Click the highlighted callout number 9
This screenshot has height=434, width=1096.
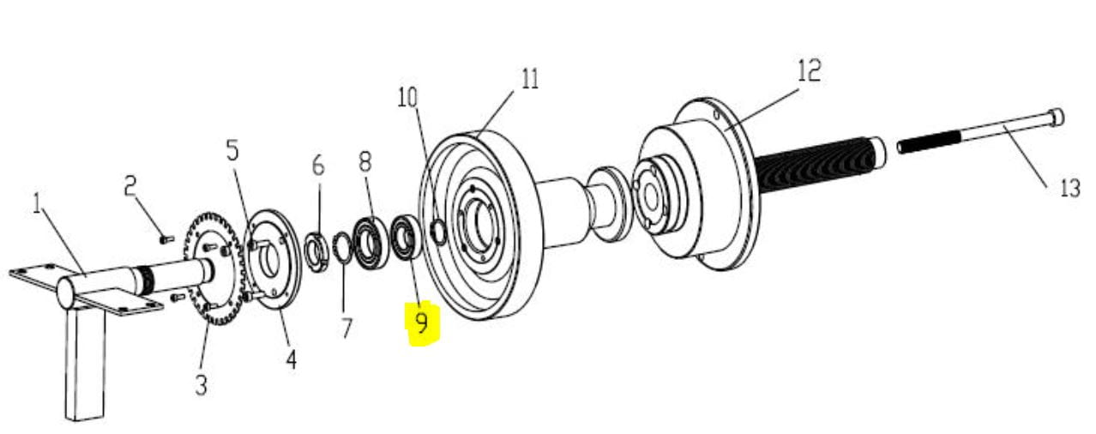pos(421,323)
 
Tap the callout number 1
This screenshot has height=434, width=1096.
pos(37,203)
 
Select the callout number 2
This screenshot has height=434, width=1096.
pos(130,186)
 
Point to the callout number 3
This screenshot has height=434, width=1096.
pos(201,384)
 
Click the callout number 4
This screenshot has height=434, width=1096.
pos(291,359)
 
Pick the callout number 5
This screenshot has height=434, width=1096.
pos(232,150)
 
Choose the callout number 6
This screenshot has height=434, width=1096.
pos(318,165)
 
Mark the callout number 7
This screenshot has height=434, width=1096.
pos(346,328)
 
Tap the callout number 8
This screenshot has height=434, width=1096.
pos(365,160)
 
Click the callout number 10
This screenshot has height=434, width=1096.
pos(407,97)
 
